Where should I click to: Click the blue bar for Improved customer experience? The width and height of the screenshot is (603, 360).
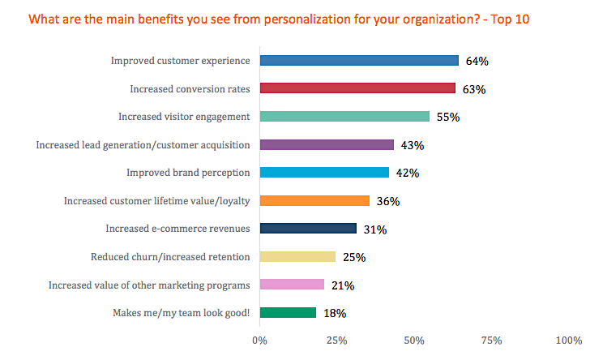pyautogui.click(x=359, y=60)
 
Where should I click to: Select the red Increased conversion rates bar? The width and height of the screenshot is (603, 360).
pyautogui.click(x=357, y=88)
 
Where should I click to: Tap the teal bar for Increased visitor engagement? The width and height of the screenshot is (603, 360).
pyautogui.click(x=344, y=116)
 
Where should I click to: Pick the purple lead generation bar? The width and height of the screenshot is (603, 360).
pyautogui.click(x=327, y=144)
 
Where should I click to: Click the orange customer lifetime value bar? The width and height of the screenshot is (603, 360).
pyautogui.click(x=314, y=200)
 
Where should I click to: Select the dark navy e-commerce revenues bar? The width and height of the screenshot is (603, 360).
pyautogui.click(x=308, y=229)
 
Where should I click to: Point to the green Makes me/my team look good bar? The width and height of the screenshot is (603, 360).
pyautogui.click(x=288, y=312)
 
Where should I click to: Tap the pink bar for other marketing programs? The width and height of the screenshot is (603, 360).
pyautogui.click(x=292, y=285)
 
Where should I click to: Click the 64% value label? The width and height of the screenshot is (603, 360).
pyautogui.click(x=477, y=61)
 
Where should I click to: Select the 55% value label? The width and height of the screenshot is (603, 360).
pyautogui.click(x=448, y=117)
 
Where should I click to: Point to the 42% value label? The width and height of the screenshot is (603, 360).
pyautogui.click(x=408, y=173)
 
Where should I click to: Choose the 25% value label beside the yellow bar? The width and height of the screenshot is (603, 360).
pyautogui.click(x=354, y=257)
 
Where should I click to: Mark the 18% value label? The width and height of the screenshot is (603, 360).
pyautogui.click(x=335, y=313)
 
